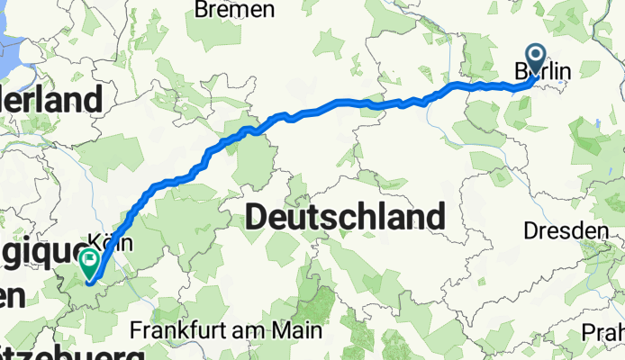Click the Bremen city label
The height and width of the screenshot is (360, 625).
234,11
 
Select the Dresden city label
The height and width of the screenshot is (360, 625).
566,231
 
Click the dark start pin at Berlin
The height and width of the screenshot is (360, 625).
537,58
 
